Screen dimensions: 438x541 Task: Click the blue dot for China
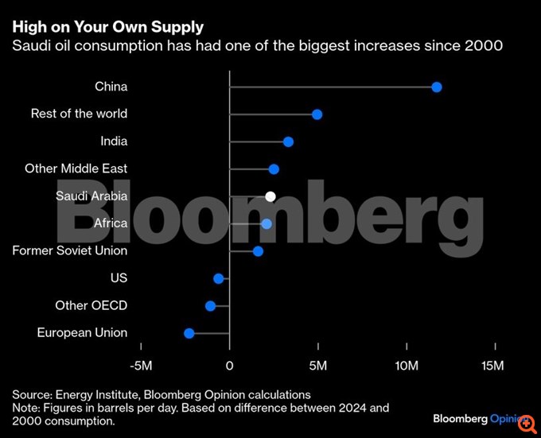[436, 87]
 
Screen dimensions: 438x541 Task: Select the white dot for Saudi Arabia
[270, 196]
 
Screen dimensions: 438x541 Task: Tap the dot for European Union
[189, 333]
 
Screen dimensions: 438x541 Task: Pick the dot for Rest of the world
[317, 114]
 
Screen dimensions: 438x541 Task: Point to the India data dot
[288, 141]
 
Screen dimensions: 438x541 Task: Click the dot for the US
[219, 278]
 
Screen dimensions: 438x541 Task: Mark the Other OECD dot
[210, 306]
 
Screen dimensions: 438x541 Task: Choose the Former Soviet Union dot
[258, 251]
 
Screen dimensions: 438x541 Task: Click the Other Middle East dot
[274, 169]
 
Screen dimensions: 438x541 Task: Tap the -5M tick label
[141, 366]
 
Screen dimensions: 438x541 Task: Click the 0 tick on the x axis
[229, 366]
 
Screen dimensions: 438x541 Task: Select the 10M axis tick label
[407, 366]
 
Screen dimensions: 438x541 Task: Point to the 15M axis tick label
[493, 366]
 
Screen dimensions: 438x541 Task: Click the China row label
[111, 87]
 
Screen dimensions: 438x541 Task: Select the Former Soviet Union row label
[70, 251]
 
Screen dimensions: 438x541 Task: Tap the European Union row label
[82, 333]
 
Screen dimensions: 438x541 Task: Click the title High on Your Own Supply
[107, 28]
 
